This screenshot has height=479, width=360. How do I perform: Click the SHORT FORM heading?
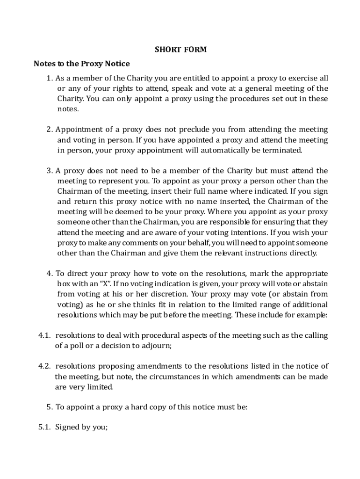pos(180,50)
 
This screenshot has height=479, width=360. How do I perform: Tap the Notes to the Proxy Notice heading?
pos(82,64)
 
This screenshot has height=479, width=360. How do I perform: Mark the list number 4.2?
pos(44,366)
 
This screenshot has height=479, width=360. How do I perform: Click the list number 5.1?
pos(44,427)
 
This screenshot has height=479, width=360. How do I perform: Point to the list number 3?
pos(50,171)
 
